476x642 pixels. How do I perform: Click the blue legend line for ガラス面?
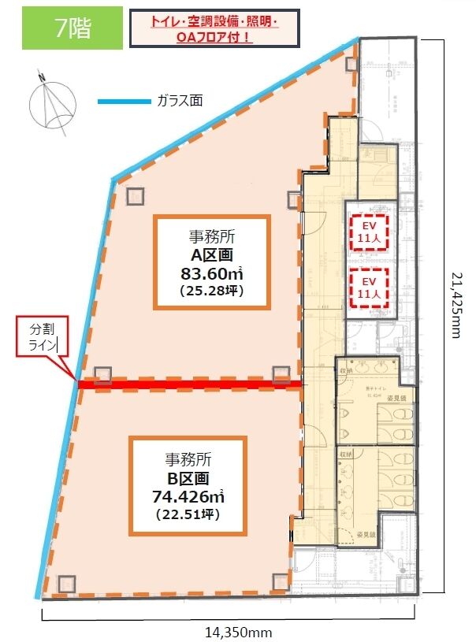tap(124, 102)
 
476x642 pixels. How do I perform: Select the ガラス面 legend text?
tap(180, 101)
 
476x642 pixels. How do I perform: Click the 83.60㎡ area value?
tap(212, 275)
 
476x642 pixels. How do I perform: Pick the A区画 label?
tap(212, 254)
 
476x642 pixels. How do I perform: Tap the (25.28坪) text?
tap(212, 293)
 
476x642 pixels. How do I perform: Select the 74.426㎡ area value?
tap(188, 497)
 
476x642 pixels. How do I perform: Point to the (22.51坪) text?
tap(188, 515)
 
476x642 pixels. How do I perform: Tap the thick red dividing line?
tap(189, 384)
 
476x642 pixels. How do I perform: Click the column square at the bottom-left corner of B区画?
tap(66, 584)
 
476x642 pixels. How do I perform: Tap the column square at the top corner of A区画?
tap(351, 64)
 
